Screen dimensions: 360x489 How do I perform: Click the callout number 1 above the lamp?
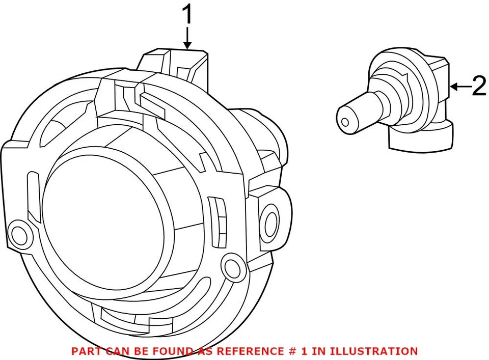coord(188,16)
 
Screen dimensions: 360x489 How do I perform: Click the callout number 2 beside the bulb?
coord(479,87)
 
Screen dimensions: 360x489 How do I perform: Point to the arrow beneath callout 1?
coord(188,39)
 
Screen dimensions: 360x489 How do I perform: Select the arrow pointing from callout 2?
coord(460,87)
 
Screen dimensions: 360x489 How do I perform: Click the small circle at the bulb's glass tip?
coord(345,122)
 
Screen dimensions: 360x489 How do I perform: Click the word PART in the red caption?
coord(85,351)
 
